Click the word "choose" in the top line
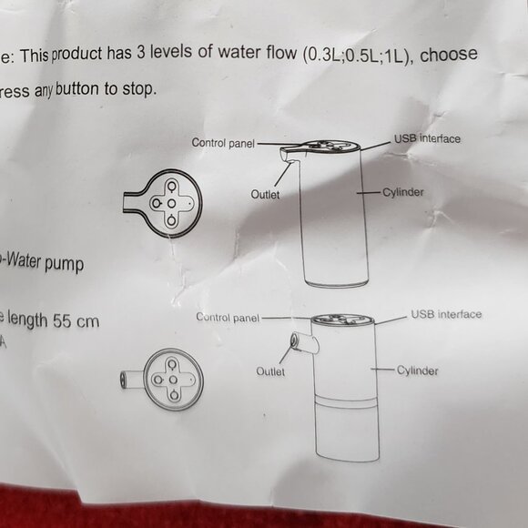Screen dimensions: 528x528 (x=449, y=55)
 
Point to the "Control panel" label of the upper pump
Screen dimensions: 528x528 (x=223, y=143)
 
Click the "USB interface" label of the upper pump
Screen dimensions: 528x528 (x=427, y=138)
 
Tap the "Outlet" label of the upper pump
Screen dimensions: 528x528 (x=265, y=194)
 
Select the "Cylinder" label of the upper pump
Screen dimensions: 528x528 (x=402, y=192)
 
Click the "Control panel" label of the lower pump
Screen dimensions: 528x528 (x=228, y=318)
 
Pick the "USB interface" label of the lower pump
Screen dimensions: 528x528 (x=446, y=314)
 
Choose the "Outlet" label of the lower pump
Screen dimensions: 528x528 (x=270, y=371)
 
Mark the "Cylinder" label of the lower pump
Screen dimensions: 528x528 (x=417, y=371)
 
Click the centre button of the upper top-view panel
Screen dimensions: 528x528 (x=171, y=203)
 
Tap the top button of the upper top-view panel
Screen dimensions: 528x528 (x=171, y=186)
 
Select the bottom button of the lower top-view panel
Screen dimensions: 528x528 (x=174, y=395)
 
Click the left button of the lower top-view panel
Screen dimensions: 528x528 (x=157, y=380)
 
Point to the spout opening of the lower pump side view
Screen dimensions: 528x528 (x=294, y=340)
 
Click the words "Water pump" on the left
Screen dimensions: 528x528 (x=45, y=262)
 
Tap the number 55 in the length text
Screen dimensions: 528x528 (x=62, y=320)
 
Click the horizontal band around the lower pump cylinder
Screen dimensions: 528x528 (x=346, y=401)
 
